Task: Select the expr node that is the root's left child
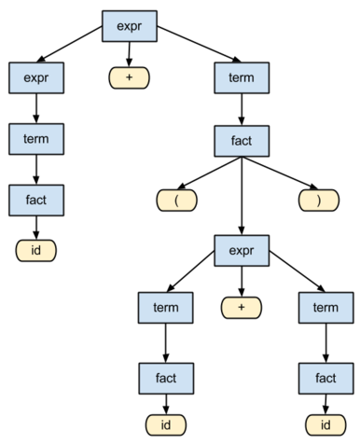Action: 36,77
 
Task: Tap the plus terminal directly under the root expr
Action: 129,77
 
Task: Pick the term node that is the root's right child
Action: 242,77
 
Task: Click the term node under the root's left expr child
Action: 36,138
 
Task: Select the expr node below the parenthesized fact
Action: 242,250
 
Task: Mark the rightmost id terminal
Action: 325,426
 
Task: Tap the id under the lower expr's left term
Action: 166,426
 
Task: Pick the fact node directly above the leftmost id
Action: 36,198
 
